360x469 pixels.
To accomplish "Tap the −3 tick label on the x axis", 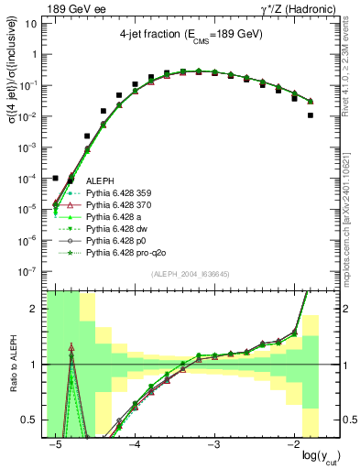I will [x=213, y=444].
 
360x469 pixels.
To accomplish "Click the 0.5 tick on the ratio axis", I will [x=33, y=420].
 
